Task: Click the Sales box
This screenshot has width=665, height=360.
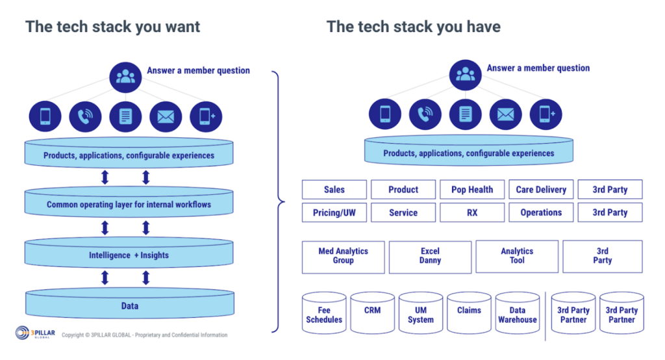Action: click(x=334, y=190)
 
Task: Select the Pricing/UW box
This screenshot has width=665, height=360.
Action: click(x=334, y=212)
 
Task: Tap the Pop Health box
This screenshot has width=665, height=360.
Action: click(x=472, y=190)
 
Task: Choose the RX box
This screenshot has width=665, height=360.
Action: click(x=472, y=212)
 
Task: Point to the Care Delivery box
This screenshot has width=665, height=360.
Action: click(x=541, y=190)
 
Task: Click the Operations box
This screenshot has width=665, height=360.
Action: click(x=541, y=212)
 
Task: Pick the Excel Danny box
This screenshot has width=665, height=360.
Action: click(x=430, y=256)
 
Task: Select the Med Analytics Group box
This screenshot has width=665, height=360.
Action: click(x=344, y=256)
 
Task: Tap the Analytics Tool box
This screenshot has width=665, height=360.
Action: click(x=517, y=256)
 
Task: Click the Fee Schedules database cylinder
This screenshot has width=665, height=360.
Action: click(x=324, y=315)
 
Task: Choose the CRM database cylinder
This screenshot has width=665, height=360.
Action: click(x=372, y=315)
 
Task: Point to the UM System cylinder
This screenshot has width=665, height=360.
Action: click(x=421, y=315)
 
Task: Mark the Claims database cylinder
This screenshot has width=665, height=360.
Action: click(x=469, y=315)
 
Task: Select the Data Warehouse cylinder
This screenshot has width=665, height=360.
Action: click(x=518, y=315)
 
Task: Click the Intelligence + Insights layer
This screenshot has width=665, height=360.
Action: click(x=129, y=255)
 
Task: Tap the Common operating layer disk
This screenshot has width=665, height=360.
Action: click(x=129, y=205)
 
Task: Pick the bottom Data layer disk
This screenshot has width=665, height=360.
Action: click(x=129, y=306)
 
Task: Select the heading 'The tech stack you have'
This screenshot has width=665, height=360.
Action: click(x=413, y=27)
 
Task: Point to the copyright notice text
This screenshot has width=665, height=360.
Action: click(x=144, y=335)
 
